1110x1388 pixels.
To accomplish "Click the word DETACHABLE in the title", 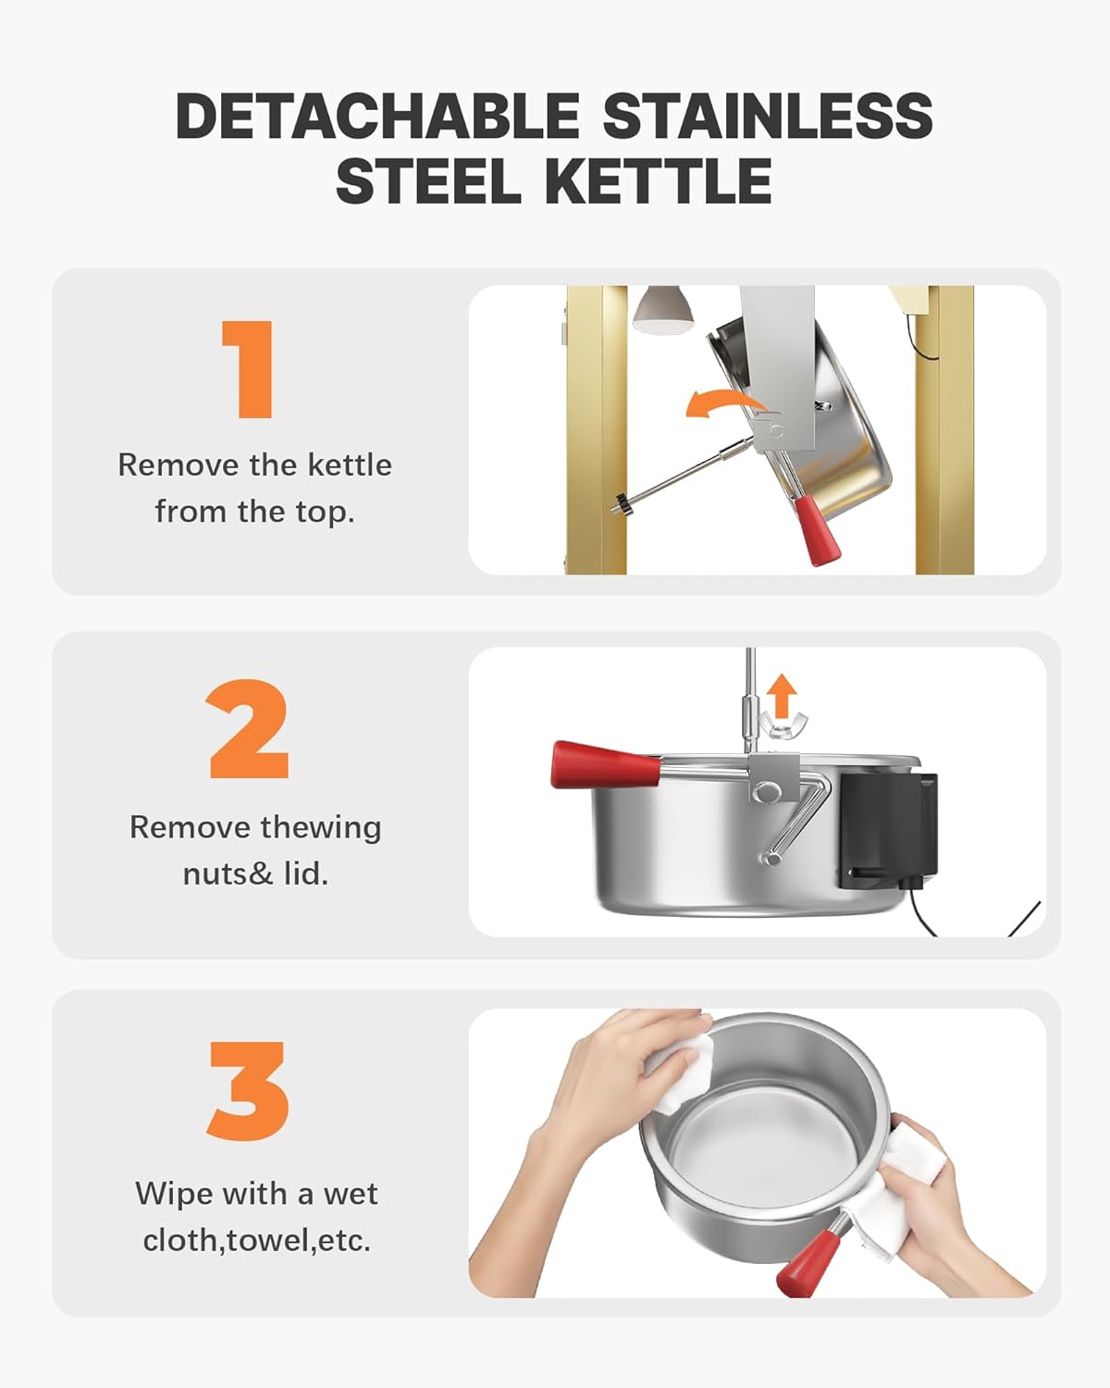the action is click(378, 115).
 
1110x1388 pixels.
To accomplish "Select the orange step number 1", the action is click(248, 369).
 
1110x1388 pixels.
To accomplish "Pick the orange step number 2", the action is click(248, 729).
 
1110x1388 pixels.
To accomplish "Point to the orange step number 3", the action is click(248, 1090).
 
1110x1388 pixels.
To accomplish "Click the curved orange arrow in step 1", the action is click(725, 405).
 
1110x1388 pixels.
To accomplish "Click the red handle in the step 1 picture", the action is click(817, 529).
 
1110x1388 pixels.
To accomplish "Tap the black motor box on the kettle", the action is click(888, 830).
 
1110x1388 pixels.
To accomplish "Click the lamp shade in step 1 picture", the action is click(662, 310).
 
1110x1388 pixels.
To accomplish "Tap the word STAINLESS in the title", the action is click(768, 115).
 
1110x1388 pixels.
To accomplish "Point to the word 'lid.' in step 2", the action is click(306, 874).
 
